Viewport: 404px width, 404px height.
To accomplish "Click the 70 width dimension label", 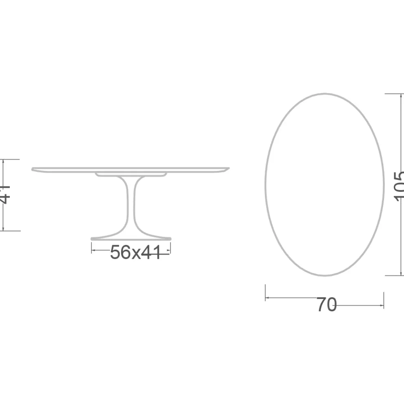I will (x=326, y=305).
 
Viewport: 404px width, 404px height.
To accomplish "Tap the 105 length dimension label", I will (x=399, y=186).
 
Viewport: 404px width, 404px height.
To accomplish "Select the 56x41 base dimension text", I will (x=135, y=253).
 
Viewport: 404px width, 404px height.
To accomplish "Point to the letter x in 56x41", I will (x=136, y=253).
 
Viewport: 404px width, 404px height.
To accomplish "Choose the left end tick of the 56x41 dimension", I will (x=92, y=248).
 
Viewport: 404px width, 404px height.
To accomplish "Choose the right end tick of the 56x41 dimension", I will (x=170, y=248).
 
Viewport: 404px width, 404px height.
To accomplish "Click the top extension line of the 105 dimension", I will (x=394, y=94).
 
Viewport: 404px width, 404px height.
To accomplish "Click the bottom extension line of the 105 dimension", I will (x=394, y=275).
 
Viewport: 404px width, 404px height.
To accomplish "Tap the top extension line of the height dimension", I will (x=11, y=160).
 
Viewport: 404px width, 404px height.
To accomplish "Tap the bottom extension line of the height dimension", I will (x=11, y=231).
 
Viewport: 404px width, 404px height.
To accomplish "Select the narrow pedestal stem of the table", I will (x=132, y=204).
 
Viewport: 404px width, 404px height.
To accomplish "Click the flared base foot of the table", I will (x=131, y=237).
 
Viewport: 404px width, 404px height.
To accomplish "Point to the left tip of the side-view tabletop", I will (x=33, y=169).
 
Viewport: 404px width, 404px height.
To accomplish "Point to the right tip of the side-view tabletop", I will (x=229, y=168).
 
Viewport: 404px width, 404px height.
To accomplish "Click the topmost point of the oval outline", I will (x=325, y=94).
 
